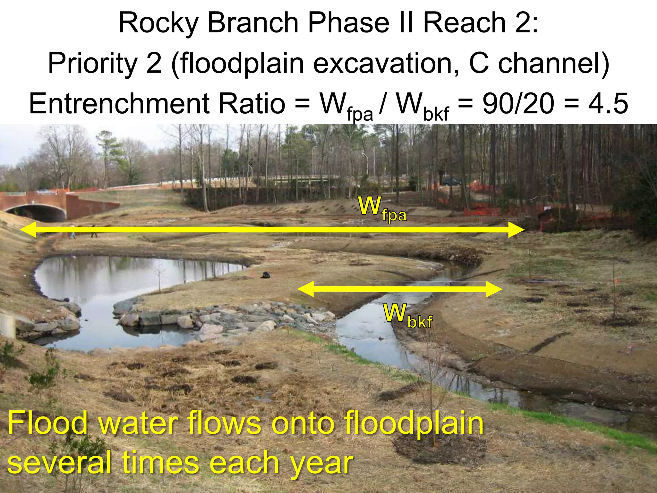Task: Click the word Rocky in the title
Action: click(x=158, y=23)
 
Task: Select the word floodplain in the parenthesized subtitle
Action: click(x=242, y=64)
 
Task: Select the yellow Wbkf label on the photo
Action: click(x=408, y=316)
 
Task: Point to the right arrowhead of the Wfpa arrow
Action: click(x=516, y=229)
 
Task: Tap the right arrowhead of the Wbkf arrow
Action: click(x=494, y=289)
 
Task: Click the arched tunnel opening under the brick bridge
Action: click(x=35, y=213)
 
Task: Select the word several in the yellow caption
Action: click(x=60, y=462)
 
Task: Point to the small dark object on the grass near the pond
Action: click(x=266, y=275)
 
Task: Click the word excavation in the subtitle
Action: click(x=386, y=64)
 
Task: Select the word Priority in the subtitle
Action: click(x=93, y=64)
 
